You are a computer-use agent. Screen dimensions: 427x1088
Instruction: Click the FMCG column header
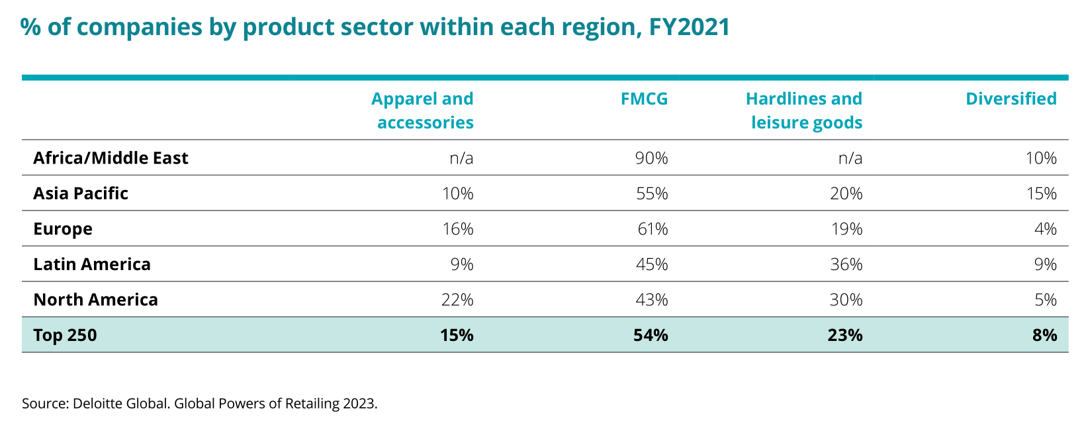(644, 99)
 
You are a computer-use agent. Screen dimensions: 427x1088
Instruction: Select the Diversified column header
(1011, 99)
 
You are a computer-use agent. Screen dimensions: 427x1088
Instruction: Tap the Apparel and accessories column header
(422, 111)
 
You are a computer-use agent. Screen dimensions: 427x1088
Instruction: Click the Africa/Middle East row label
(111, 158)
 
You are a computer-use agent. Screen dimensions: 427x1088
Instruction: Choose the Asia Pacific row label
(81, 193)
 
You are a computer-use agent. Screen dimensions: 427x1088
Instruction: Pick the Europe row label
(63, 229)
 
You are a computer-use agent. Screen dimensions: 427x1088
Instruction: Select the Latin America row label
(92, 264)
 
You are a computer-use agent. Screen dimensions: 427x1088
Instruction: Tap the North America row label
(95, 300)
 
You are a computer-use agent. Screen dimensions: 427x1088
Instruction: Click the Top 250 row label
(65, 335)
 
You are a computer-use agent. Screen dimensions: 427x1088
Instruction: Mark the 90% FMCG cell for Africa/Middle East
(651, 158)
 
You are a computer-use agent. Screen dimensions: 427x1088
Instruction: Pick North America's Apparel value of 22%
(457, 300)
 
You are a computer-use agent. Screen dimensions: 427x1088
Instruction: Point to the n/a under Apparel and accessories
(461, 158)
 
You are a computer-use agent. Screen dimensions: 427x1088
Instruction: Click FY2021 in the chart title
(689, 27)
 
